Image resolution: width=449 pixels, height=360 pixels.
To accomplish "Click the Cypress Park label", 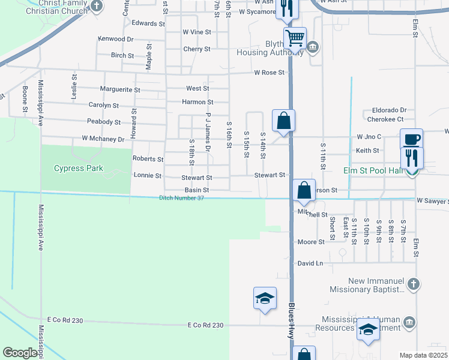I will [79, 169].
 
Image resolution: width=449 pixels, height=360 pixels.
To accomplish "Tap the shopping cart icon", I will [295, 39].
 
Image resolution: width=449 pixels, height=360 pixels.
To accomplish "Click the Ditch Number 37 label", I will [182, 198].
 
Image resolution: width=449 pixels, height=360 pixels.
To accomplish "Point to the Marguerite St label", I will [120, 89].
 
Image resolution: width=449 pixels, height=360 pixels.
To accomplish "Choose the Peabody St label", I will [104, 122].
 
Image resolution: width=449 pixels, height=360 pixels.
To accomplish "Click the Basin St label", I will [197, 190].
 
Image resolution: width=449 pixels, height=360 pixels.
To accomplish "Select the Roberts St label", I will [148, 160].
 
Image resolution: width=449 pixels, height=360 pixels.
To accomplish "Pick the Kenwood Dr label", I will [116, 39].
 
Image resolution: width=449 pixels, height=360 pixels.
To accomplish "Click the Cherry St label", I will [197, 49].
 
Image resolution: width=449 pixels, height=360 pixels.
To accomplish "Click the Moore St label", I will [311, 242].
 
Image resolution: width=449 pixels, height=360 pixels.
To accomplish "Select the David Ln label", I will [310, 263].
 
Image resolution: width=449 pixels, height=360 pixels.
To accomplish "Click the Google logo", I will [20, 353].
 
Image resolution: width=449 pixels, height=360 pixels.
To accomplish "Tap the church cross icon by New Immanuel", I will [412, 284].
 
